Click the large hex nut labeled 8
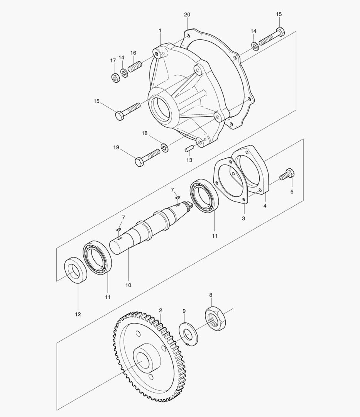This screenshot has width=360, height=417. (x=215, y=318)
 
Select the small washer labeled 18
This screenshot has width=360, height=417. (x=165, y=147)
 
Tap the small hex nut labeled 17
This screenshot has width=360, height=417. (x=115, y=77)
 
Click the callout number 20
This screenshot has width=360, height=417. (x=187, y=15)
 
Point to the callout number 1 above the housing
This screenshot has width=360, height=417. (x=160, y=30)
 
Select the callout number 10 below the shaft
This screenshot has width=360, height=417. (x=128, y=285)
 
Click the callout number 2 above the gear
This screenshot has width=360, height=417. (x=160, y=310)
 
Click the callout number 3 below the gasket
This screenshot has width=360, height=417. (x=243, y=219)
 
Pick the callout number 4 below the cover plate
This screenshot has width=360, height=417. (x=265, y=206)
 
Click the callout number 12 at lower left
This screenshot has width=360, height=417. (x=78, y=314)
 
